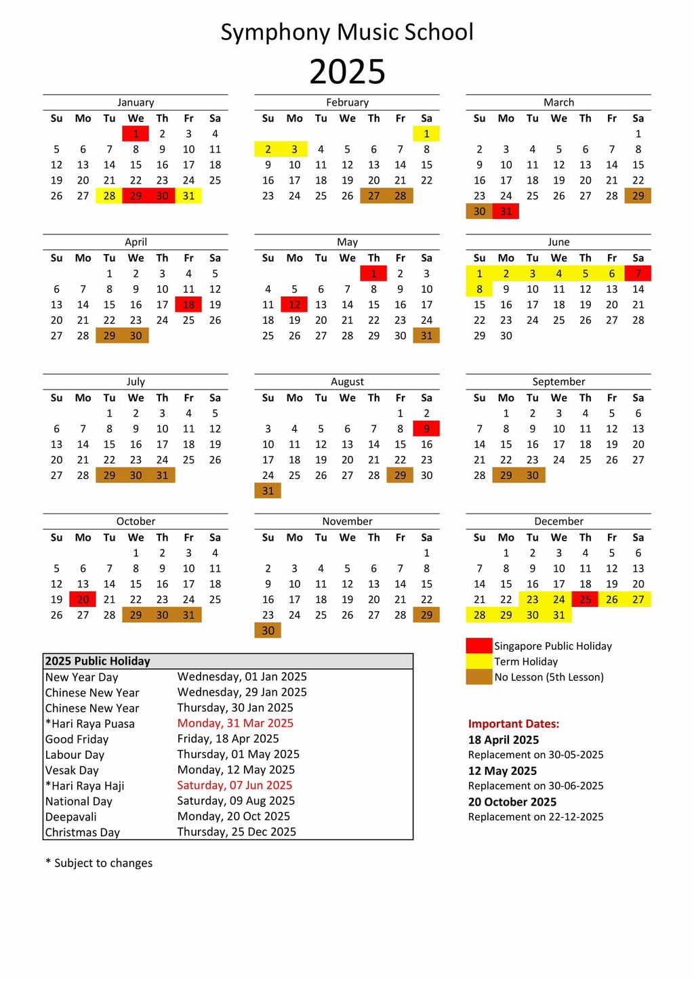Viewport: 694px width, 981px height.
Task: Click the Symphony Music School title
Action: tap(347, 32)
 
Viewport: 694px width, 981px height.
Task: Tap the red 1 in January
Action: tap(136, 133)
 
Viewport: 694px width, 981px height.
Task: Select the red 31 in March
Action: tap(506, 211)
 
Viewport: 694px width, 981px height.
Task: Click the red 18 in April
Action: tap(188, 305)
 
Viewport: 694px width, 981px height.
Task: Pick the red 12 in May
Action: tap(294, 305)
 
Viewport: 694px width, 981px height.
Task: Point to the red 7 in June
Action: tap(638, 274)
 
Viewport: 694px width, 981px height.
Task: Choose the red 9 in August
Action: tap(426, 429)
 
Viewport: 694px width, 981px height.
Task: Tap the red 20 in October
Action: tap(83, 600)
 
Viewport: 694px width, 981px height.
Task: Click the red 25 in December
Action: tap(585, 600)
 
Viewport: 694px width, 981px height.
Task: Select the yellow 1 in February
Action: tap(426, 133)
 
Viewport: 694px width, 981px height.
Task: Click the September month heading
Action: tap(558, 381)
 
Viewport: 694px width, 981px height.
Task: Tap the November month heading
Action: tap(347, 521)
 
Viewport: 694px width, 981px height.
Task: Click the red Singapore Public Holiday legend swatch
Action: tap(479, 646)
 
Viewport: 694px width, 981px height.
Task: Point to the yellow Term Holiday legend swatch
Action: tap(479, 661)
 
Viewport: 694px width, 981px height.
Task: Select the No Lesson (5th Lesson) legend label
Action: tap(549, 677)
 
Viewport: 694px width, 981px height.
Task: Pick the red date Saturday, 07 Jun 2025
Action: tap(234, 785)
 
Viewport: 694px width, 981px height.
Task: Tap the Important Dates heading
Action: tap(514, 724)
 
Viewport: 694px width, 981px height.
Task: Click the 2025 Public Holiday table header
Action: tap(98, 661)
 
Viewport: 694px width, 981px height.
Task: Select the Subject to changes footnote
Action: tap(99, 863)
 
